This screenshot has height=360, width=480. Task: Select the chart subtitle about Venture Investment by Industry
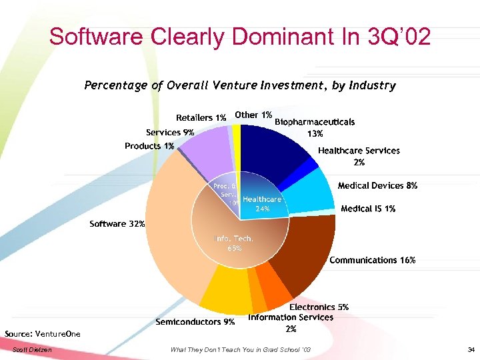(x=240, y=85)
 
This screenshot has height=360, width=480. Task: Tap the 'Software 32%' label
(x=117, y=224)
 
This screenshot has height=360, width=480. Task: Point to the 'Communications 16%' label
(x=373, y=260)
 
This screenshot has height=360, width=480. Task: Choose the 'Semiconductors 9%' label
(x=195, y=322)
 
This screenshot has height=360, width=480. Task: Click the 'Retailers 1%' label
(x=201, y=117)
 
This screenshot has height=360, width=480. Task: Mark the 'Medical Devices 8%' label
(x=377, y=186)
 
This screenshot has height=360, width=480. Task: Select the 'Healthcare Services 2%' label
(x=359, y=156)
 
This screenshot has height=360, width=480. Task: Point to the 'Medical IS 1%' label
(x=368, y=209)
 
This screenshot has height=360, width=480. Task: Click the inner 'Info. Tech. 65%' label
(x=233, y=243)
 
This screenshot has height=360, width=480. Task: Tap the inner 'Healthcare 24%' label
(x=262, y=203)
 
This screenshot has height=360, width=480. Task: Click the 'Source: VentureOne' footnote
(x=42, y=333)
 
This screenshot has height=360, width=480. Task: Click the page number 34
(x=471, y=350)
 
